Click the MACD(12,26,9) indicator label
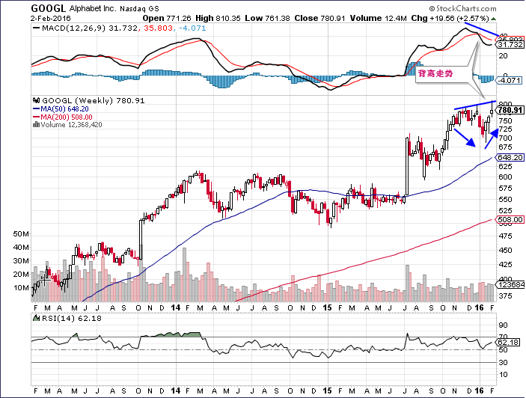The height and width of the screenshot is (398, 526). point(68,28)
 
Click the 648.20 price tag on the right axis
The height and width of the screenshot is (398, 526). point(510,158)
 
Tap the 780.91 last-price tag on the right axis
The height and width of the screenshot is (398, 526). point(510,110)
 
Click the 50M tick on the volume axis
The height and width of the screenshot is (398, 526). point(22,234)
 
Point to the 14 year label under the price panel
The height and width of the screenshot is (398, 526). point(175,307)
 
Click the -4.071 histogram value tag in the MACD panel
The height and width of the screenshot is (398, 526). point(510,79)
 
